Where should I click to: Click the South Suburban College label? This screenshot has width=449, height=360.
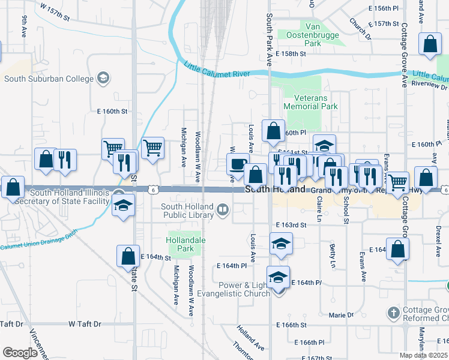[49, 79]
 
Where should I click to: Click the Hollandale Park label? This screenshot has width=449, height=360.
[184, 243]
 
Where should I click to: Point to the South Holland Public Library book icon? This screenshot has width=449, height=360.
[223, 209]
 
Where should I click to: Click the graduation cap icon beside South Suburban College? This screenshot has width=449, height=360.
[103, 78]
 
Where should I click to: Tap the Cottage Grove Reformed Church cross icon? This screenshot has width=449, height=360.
[393, 313]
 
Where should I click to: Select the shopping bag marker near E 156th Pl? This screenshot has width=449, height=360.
[430, 44]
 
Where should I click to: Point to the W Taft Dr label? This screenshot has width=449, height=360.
[83, 324]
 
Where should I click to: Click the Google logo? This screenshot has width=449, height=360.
[20, 352]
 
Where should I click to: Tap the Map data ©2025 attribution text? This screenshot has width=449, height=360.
[424, 355]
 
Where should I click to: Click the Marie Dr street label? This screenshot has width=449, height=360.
[341, 314]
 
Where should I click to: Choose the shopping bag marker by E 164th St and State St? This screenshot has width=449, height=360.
[128, 256]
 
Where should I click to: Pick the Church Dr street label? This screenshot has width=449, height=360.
[360, 28]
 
